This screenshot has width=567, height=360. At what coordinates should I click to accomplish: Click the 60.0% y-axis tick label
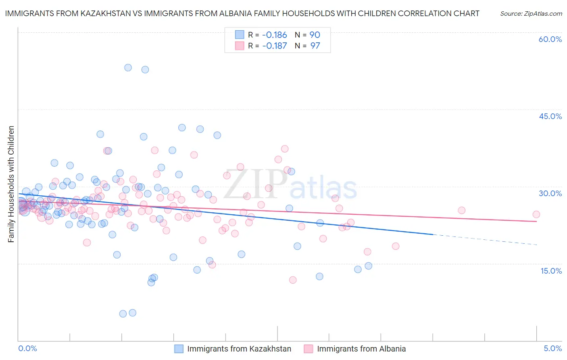[550, 39]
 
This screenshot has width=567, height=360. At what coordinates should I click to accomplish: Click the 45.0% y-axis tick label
[550, 116]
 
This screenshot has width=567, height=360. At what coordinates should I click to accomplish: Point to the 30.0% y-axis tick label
[550, 193]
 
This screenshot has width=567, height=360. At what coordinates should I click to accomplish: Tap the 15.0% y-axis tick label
[551, 270]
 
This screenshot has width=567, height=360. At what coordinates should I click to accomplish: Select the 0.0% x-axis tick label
[27, 348]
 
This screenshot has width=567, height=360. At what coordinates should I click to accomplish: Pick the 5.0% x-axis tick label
[552, 348]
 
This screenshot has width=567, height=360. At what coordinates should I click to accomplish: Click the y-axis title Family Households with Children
[11, 184]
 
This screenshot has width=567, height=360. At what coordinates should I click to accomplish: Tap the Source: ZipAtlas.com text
[531, 13]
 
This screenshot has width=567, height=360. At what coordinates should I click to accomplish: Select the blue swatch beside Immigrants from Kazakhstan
[179, 349]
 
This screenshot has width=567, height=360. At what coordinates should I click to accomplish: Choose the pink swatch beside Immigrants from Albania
[309, 349]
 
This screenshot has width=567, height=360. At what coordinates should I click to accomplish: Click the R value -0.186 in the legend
[274, 35]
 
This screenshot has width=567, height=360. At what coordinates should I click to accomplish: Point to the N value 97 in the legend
[315, 46]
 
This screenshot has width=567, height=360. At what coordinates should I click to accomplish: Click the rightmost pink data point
[536, 214]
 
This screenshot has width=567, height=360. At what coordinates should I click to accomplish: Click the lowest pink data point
[293, 280]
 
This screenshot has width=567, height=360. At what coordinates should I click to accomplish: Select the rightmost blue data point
[368, 266]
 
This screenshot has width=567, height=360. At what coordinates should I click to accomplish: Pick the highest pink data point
[285, 149]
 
